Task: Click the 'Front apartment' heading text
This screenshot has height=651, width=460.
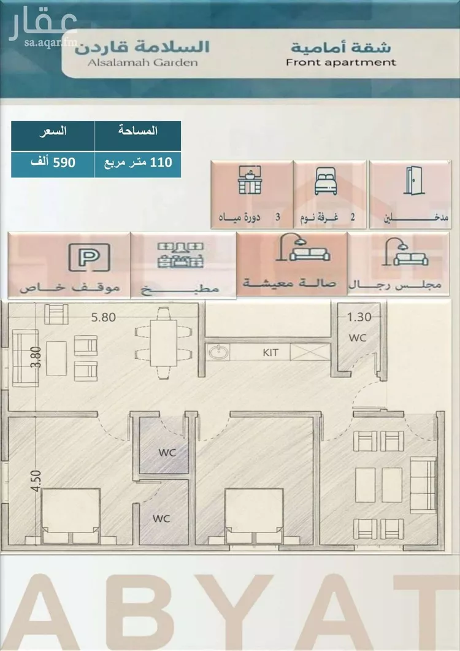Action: pyautogui.click(x=341, y=63)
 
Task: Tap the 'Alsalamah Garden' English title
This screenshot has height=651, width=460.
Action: pyautogui.click(x=142, y=63)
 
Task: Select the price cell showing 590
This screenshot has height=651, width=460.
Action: pyautogui.click(x=53, y=163)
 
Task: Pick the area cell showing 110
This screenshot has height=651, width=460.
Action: pyautogui.click(x=138, y=163)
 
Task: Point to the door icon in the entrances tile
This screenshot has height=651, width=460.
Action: pyautogui.click(x=413, y=180)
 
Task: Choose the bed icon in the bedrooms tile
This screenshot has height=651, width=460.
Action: pyautogui.click(x=326, y=181)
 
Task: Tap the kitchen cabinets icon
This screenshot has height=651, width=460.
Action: pyautogui.click(x=180, y=255)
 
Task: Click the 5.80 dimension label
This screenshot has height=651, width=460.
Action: pyautogui.click(x=104, y=317)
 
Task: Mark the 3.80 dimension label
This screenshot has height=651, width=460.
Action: pyautogui.click(x=36, y=357)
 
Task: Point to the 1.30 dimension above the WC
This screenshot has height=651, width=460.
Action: pyautogui.click(x=359, y=317)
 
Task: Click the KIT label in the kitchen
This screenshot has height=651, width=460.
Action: pyautogui.click(x=270, y=352)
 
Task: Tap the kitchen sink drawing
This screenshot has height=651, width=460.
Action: pyautogui.click(x=218, y=352)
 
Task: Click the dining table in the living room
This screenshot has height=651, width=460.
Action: pyautogui.click(x=164, y=344)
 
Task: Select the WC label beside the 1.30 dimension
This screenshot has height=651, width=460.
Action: pyautogui.click(x=358, y=337)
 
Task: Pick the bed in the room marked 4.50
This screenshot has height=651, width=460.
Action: pyautogui.click(x=71, y=516)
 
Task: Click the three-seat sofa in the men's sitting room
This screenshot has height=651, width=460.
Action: pyautogui.click(x=423, y=485)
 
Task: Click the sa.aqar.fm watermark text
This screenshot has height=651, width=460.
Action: pyautogui.click(x=51, y=42)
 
